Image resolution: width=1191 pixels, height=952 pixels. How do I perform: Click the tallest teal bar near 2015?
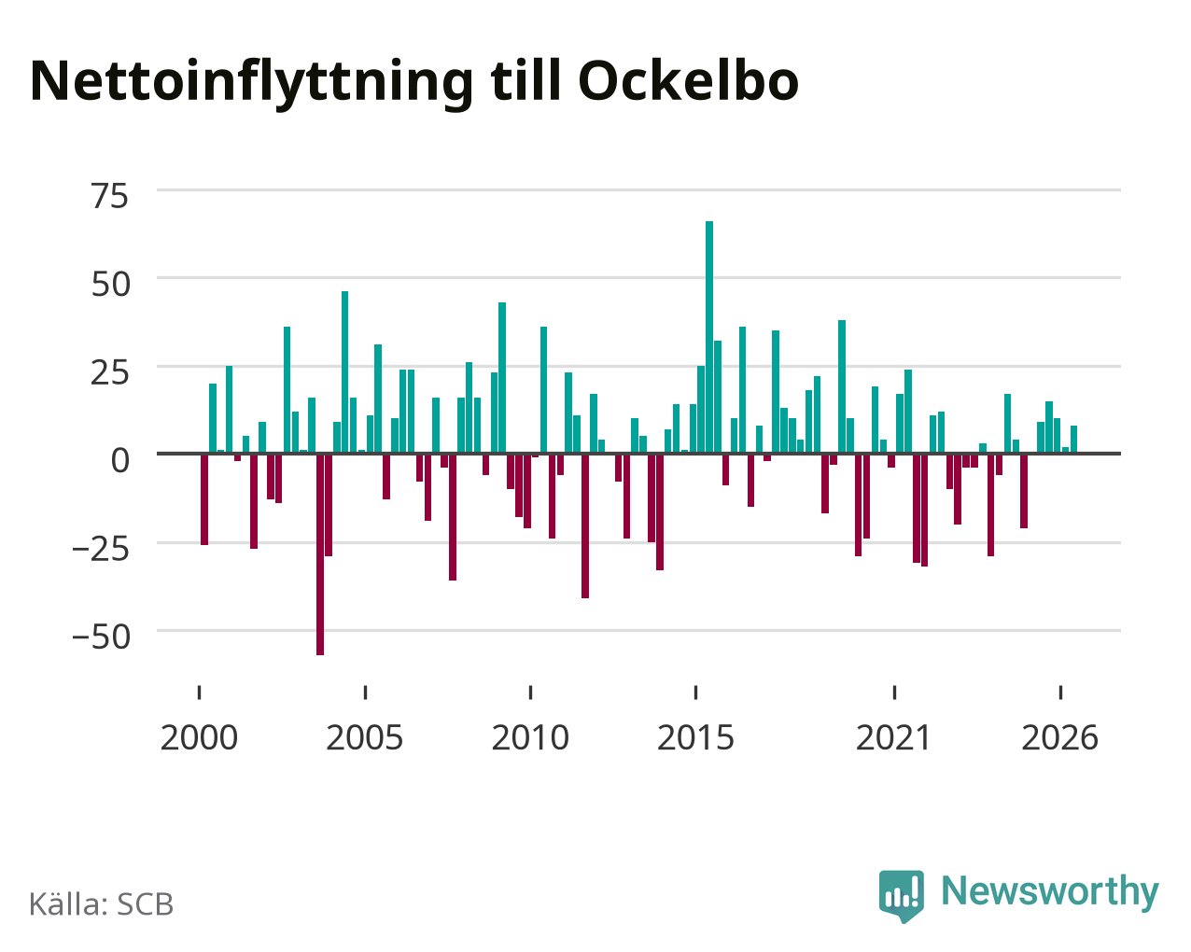[x=709, y=337]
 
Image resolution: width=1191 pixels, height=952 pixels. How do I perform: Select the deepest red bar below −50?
[x=320, y=554]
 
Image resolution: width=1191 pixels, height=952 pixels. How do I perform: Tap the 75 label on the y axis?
[x=109, y=196]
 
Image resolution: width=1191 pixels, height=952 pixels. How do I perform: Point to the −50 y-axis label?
[x=102, y=637]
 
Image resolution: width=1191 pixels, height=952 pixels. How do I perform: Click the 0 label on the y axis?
[x=120, y=460]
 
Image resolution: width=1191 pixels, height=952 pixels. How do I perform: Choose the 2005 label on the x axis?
[x=364, y=737]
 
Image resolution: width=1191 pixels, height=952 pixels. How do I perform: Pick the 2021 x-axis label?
[x=893, y=737]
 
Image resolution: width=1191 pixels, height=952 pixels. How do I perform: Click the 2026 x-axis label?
[x=1059, y=737]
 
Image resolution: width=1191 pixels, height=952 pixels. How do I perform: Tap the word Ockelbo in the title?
[x=688, y=81]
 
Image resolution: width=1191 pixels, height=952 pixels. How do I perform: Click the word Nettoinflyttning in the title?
[x=251, y=84]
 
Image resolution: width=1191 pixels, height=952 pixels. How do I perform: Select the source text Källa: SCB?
[x=102, y=904]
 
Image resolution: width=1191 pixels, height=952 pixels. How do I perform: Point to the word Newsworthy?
[x=1050, y=891]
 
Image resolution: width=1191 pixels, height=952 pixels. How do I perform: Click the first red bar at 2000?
[x=204, y=499]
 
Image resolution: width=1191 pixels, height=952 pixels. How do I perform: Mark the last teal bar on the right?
[x=1073, y=439]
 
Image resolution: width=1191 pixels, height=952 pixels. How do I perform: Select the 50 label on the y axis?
[x=111, y=285]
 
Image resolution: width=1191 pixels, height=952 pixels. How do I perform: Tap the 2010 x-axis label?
[x=530, y=737]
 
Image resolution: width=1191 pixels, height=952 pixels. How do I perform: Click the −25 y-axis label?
[x=101, y=549]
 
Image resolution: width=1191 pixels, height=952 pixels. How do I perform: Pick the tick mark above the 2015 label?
[x=695, y=693]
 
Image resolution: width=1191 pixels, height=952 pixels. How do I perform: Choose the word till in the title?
[x=525, y=80]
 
